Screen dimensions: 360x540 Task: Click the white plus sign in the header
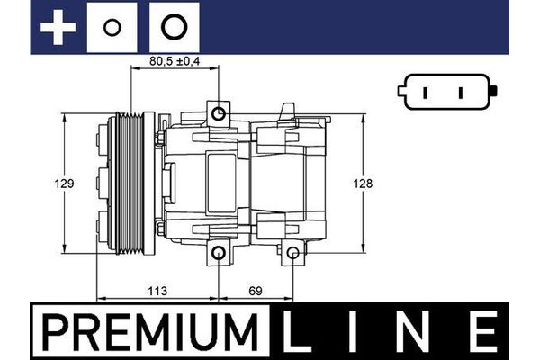[x=58, y=27]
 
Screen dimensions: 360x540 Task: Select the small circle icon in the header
[x=112, y=27]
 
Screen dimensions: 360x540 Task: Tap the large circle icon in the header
[x=173, y=27]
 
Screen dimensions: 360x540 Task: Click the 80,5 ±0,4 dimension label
[x=174, y=64]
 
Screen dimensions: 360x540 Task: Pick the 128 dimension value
[x=362, y=183]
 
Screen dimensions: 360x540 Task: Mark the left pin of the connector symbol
[x=424, y=93]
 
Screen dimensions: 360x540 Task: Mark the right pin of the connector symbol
[x=460, y=93]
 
